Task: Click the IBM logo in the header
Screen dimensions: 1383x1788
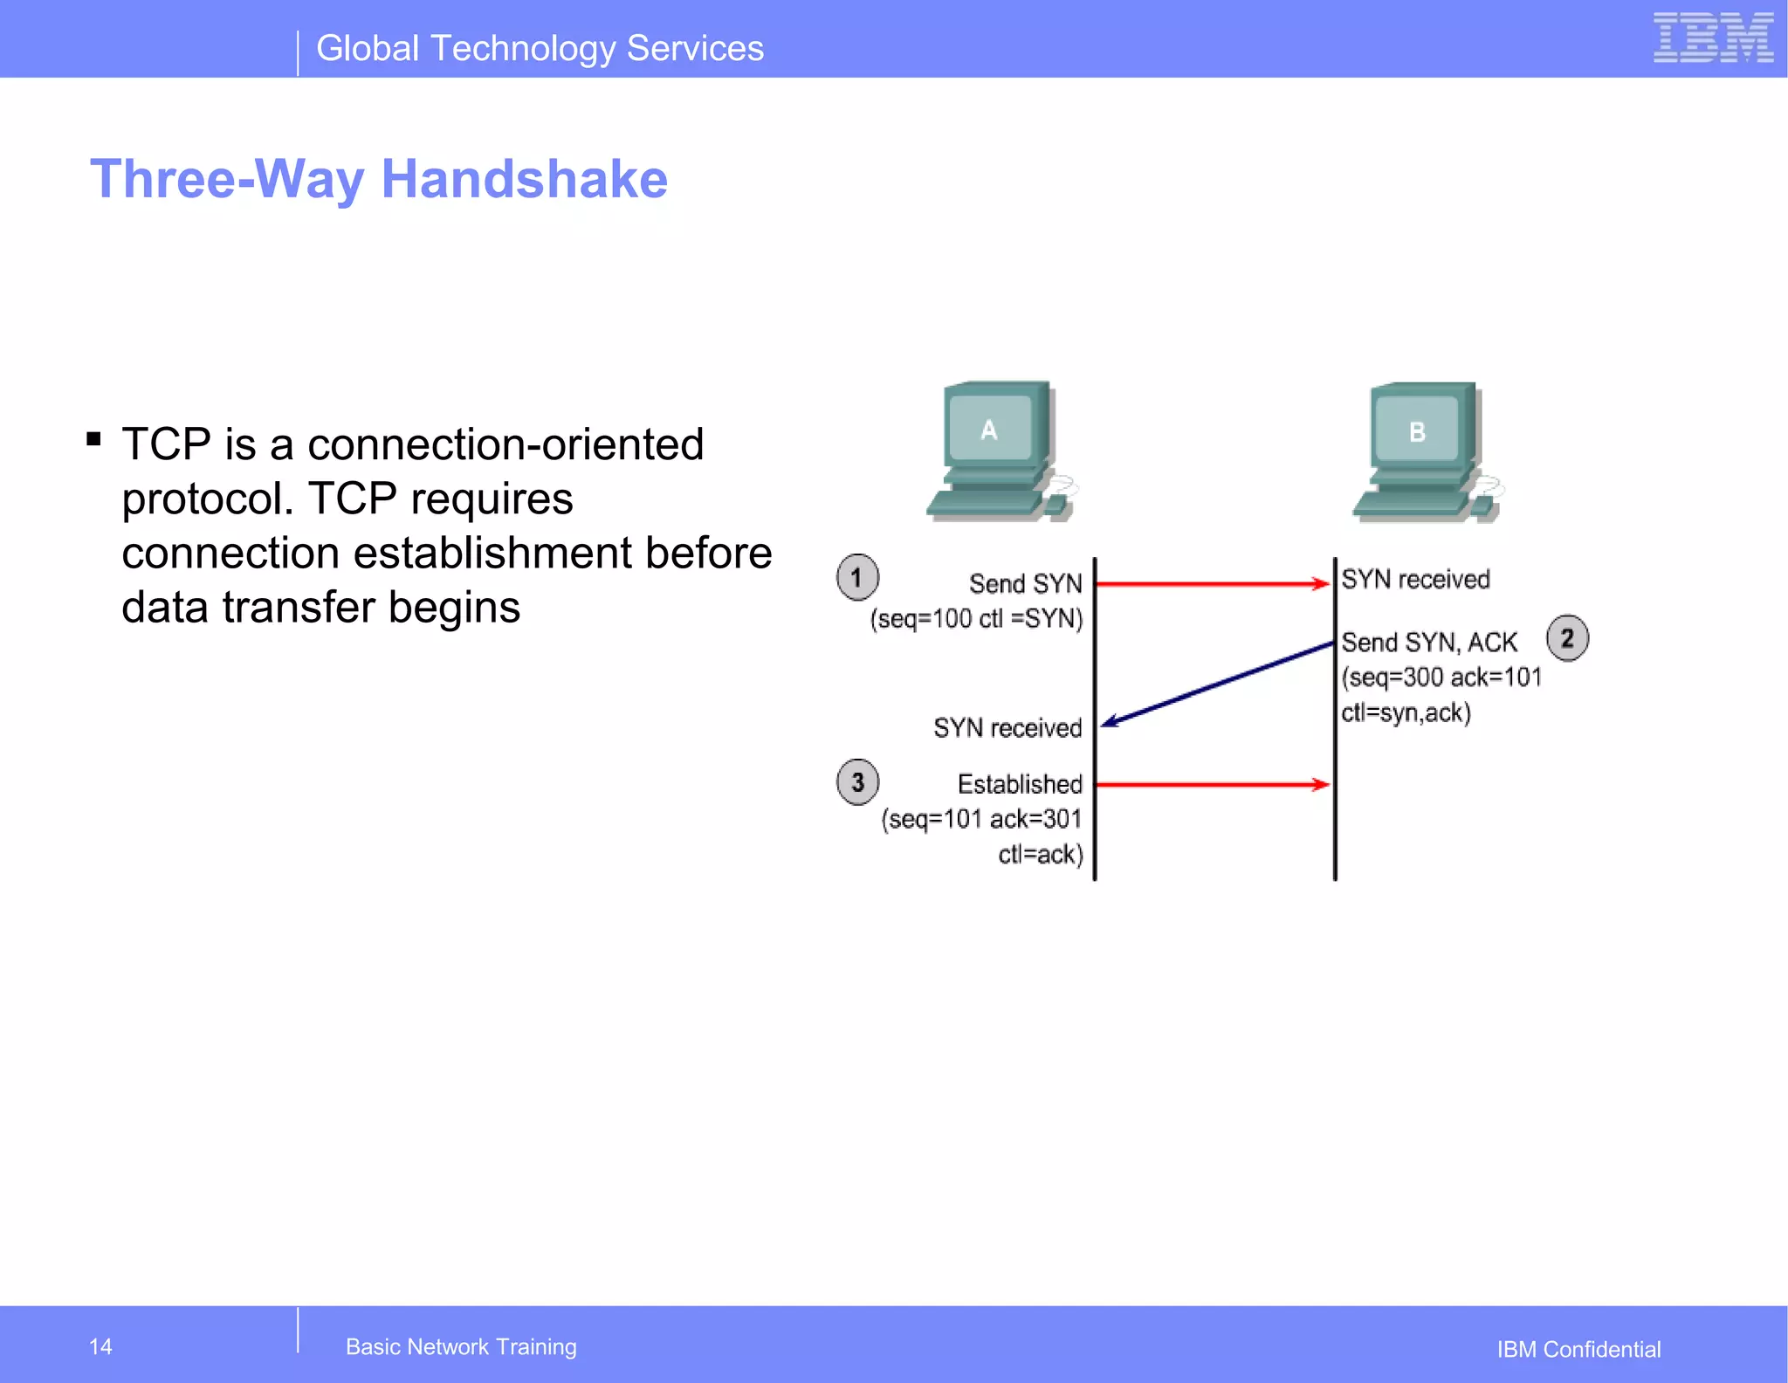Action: click(x=1712, y=38)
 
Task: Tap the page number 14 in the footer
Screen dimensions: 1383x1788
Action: click(x=100, y=1346)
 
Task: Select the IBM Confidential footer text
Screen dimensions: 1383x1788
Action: click(x=1578, y=1349)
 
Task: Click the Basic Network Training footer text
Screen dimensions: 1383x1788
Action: click(x=461, y=1346)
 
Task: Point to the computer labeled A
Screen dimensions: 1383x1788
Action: click(x=1001, y=451)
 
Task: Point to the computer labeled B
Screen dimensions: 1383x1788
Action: click(x=1426, y=452)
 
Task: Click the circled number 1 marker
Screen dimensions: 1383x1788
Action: click(x=857, y=577)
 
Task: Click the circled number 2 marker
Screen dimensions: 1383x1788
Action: click(x=1567, y=638)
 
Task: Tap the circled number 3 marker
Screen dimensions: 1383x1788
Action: click(x=857, y=781)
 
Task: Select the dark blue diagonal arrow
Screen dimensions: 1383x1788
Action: click(x=1217, y=685)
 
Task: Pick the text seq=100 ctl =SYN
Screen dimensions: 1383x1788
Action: click(x=976, y=618)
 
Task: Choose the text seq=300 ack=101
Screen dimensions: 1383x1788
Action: click(x=1441, y=678)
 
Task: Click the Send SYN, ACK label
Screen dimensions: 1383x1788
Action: click(x=1428, y=643)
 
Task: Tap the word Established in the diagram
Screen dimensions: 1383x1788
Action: click(x=1020, y=784)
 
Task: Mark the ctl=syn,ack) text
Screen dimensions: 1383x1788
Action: click(x=1406, y=712)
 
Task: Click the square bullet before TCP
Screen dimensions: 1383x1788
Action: click(x=94, y=438)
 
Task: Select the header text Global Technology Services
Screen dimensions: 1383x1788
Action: click(x=540, y=48)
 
